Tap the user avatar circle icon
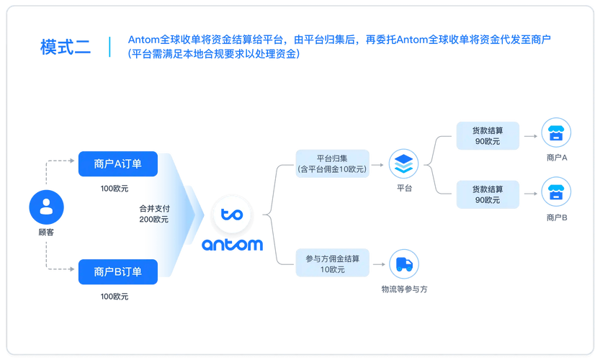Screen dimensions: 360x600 click(46, 207)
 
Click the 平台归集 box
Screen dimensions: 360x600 click(332, 163)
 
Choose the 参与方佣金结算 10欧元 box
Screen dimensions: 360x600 click(332, 263)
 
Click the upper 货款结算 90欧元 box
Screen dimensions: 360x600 click(488, 135)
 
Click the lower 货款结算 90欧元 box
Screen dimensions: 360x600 click(488, 194)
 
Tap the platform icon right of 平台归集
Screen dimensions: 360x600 click(403, 164)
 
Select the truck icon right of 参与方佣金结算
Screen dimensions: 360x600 click(403, 264)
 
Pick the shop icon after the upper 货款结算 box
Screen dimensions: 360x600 click(556, 135)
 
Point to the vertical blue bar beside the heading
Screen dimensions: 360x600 click(110, 47)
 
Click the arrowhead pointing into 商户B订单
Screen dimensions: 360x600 click(73, 271)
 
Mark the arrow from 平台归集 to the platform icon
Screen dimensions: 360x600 click(380, 164)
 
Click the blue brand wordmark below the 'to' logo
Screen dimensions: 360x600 click(231, 246)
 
